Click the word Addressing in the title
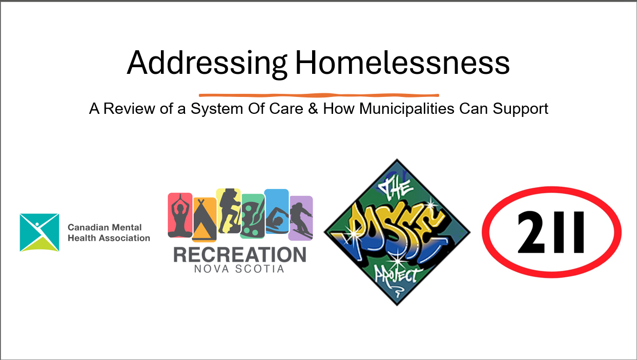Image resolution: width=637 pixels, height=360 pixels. coord(207,64)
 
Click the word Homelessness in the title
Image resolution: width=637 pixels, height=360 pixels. coord(403,63)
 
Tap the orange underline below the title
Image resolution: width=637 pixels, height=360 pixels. coord(319,95)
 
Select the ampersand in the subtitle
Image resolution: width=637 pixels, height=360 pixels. coord(313,108)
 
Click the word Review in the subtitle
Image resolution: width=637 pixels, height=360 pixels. coord(129,108)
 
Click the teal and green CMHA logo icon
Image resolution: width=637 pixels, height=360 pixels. coord(39,232)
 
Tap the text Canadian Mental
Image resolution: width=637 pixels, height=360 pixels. coord(105,227)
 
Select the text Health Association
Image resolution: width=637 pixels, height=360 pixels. coord(109,238)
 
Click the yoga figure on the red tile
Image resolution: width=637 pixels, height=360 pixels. coord(180,216)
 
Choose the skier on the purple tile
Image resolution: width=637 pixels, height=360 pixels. coord(301,218)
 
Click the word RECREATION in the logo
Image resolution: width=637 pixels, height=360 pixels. coord(240,255)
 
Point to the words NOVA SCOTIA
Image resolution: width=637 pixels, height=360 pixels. coord(239,269)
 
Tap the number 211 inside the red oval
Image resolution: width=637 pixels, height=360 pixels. coord(551,232)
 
